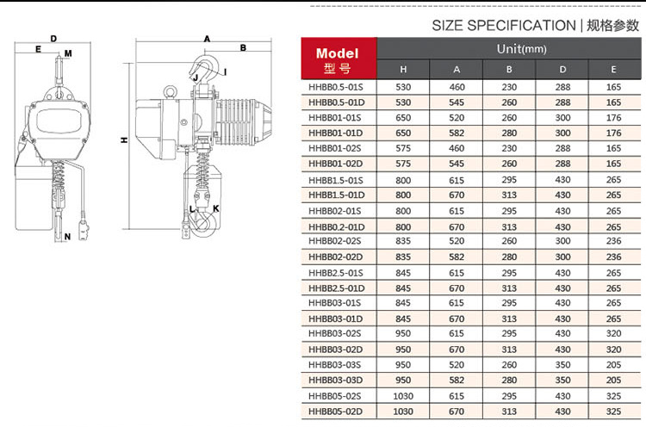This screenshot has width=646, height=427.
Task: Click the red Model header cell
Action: (339, 59)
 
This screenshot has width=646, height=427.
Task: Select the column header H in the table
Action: (403, 70)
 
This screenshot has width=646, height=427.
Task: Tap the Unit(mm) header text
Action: (522, 49)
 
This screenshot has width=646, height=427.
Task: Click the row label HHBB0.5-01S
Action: (336, 87)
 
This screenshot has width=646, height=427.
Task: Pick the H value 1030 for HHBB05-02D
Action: (403, 412)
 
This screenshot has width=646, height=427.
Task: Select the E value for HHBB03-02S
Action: (613, 333)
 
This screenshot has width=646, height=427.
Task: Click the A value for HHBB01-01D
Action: (457, 133)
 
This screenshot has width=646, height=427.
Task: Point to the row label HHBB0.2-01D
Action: (336, 227)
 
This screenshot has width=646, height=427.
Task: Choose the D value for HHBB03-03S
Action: (562, 365)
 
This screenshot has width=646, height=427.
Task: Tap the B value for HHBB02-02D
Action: (509, 257)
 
